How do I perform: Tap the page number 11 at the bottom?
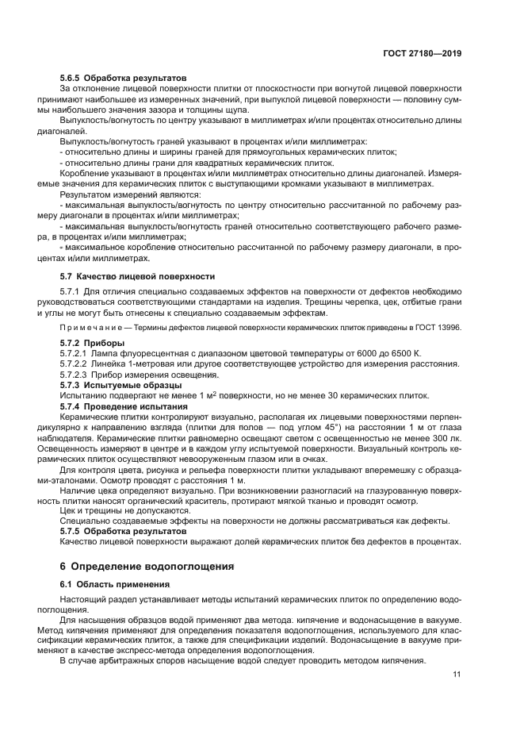(457, 675)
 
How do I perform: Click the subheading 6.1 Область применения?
(110, 584)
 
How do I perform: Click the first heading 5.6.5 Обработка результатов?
(124, 78)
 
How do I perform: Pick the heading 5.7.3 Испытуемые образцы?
(116, 384)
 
